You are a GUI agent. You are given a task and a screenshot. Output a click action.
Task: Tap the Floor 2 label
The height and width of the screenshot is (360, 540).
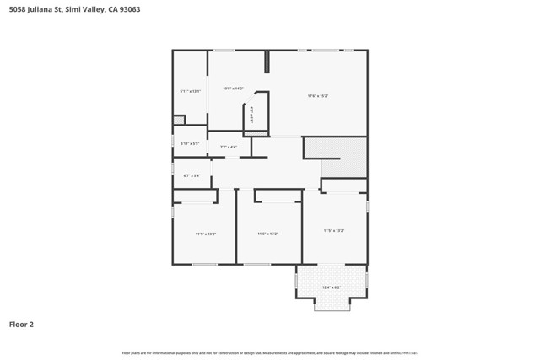(22, 324)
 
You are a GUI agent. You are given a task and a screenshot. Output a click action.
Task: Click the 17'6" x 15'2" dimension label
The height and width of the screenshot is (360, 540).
(317, 96)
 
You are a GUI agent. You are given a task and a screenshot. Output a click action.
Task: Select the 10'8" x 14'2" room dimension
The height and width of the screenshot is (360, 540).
(233, 88)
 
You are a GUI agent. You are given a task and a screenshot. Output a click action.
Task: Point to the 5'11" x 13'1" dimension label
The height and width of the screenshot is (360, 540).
(190, 91)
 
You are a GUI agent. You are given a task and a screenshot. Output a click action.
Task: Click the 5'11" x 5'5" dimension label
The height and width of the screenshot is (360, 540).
(190, 143)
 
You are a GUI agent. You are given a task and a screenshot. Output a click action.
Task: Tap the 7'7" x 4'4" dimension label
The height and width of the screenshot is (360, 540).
(229, 147)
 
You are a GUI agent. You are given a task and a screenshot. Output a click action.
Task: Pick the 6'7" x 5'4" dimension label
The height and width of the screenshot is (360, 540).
(192, 175)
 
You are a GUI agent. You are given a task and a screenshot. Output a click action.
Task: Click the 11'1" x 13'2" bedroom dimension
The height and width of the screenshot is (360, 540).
(206, 234)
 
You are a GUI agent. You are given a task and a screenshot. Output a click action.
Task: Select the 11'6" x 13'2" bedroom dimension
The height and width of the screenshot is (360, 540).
(267, 234)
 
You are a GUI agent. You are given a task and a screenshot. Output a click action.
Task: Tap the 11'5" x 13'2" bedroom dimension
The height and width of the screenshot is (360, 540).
(333, 230)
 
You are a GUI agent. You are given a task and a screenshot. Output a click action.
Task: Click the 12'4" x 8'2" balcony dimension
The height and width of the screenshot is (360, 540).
(332, 287)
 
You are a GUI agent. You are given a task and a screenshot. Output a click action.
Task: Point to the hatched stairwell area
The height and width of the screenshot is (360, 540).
(335, 156)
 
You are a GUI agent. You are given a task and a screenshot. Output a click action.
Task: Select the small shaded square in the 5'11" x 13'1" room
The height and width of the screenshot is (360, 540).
(178, 120)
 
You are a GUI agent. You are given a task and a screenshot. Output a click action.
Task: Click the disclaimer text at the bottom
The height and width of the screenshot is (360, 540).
(270, 352)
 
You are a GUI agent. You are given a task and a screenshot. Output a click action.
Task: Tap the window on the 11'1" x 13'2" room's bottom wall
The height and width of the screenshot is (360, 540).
(204, 264)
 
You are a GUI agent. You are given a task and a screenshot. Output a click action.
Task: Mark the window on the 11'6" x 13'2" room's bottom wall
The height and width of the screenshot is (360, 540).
(257, 264)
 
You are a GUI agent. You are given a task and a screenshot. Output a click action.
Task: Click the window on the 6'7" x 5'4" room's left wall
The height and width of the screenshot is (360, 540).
(173, 169)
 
